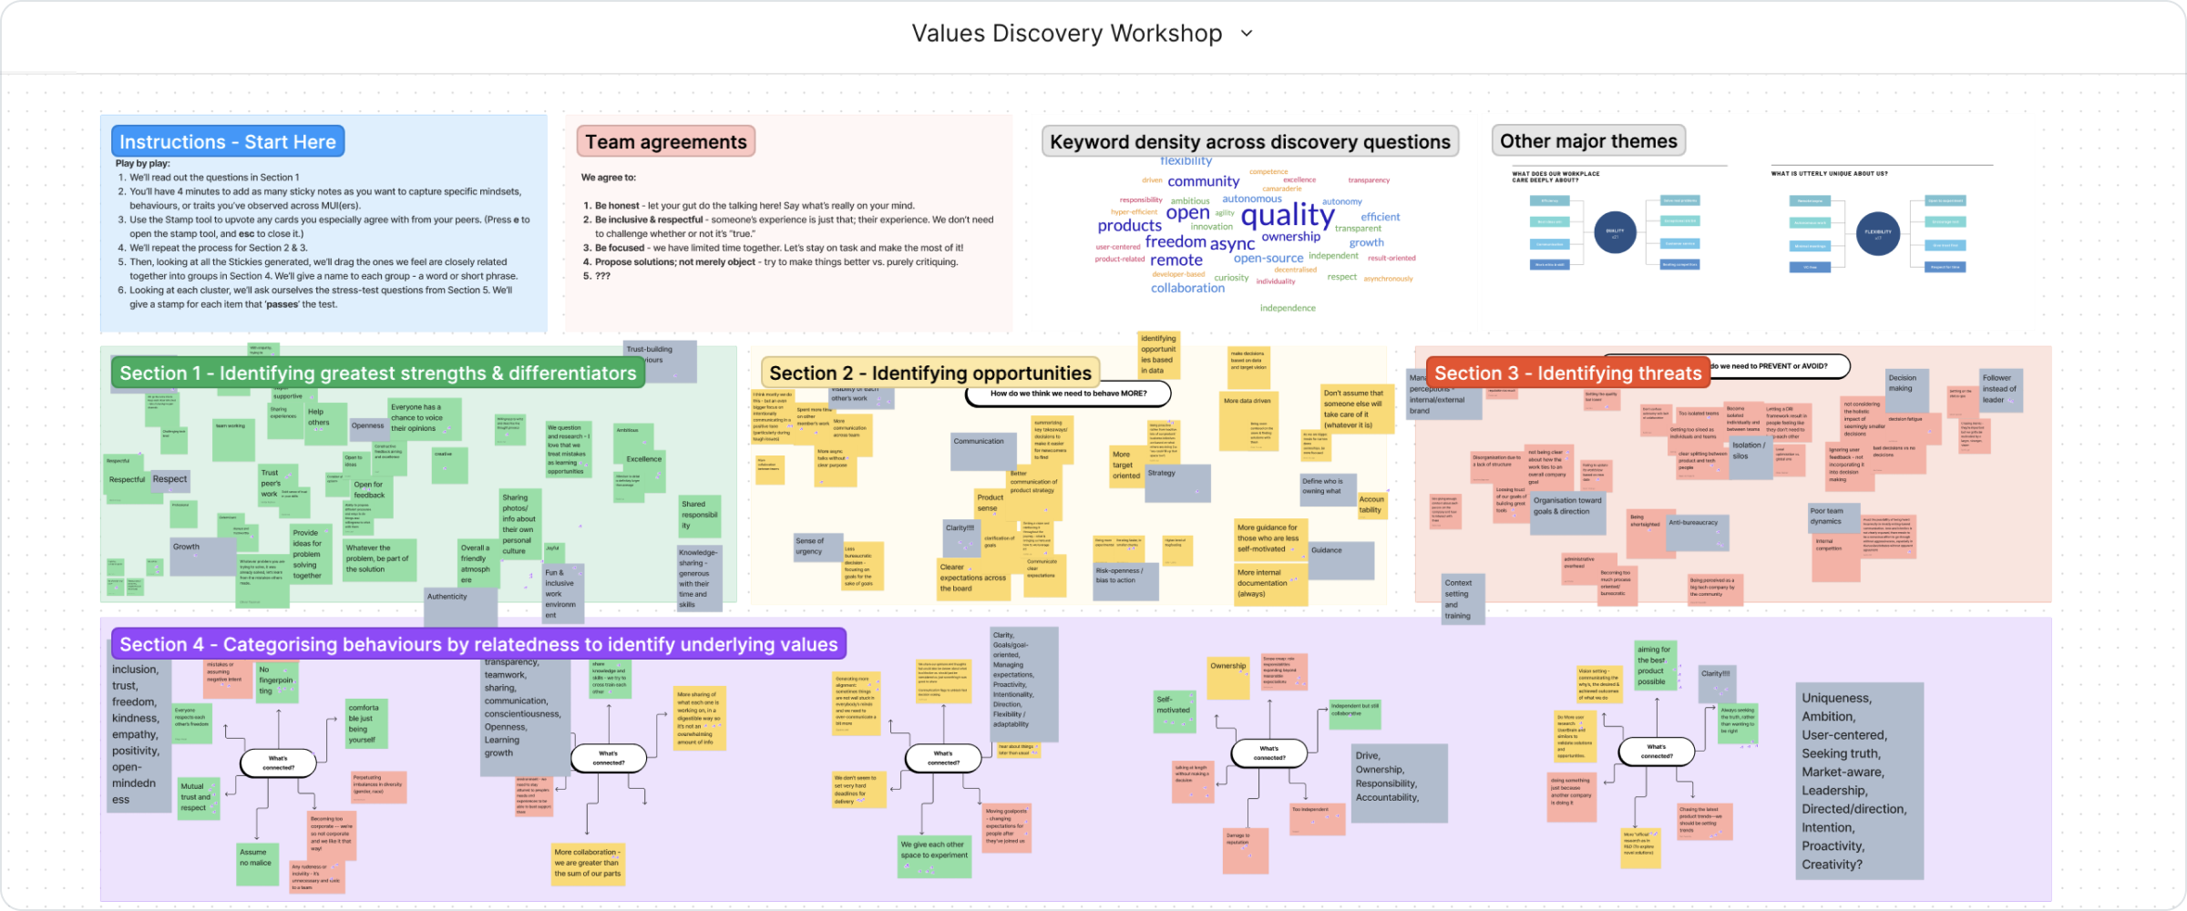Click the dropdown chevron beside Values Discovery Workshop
[1247, 34]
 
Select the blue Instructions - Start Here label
[228, 141]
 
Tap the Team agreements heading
[665, 141]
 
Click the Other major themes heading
[1588, 140]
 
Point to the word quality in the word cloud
[1288, 215]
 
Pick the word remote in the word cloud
[1176, 260]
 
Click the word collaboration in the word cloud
[1187, 288]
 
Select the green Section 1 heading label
[377, 373]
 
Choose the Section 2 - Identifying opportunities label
[929, 373]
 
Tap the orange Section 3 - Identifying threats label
[1567, 373]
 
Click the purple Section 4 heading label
[478, 644]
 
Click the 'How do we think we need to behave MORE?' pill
[1068, 394]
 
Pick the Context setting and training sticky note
[1462, 599]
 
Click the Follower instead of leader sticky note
[2001, 390]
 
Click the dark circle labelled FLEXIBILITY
[1877, 232]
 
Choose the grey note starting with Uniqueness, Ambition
[1859, 781]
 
